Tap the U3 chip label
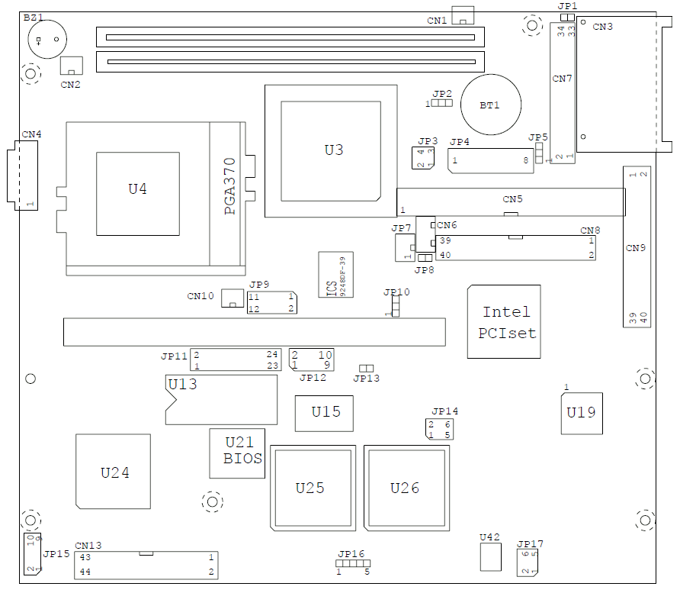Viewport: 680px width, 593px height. coord(334,150)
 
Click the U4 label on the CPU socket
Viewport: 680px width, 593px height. coord(137,189)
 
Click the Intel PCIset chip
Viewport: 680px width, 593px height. coord(505,322)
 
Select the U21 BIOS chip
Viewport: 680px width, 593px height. coord(238,453)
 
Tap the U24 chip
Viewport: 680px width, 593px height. coord(114,472)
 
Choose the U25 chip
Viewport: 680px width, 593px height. coord(311,488)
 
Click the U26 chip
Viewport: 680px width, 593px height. coord(406,488)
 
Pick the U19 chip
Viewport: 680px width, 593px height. coord(581,413)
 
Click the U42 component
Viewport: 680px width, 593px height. coord(490,557)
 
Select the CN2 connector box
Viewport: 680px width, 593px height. coord(72,66)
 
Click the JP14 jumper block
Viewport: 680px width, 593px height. coord(439,429)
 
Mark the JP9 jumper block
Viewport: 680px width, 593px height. coord(271,302)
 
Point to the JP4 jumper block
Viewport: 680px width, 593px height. coord(489,161)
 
